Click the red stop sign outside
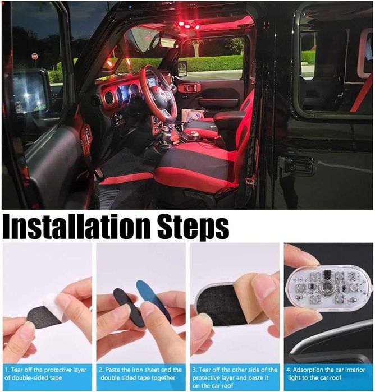click(x=35, y=57)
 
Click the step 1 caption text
click(x=47, y=374)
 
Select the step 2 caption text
click(x=141, y=374)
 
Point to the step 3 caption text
click(x=235, y=374)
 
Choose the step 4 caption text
click(x=328, y=374)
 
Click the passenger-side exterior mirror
click(x=182, y=68)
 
